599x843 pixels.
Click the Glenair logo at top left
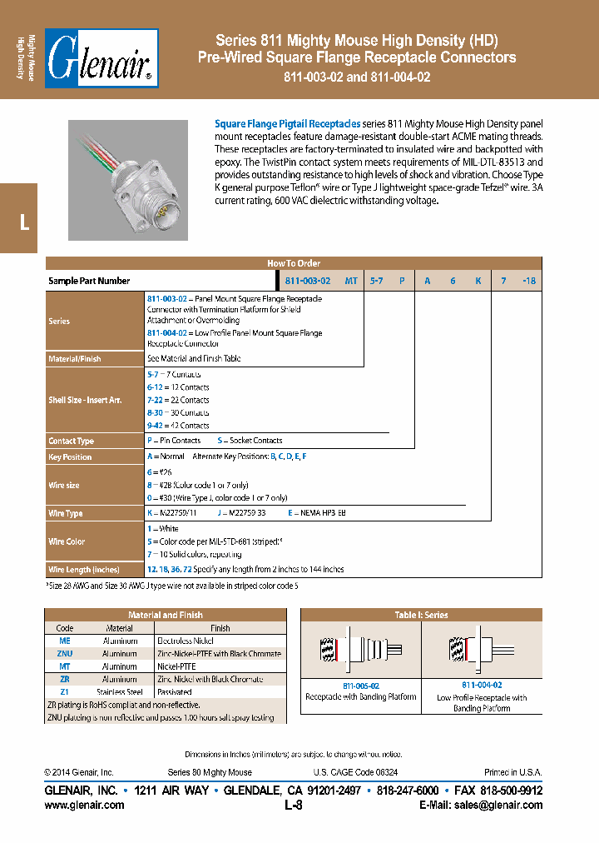(x=101, y=60)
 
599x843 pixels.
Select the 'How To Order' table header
(x=293, y=263)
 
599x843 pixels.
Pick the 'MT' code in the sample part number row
(x=351, y=282)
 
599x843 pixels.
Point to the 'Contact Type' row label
(x=72, y=441)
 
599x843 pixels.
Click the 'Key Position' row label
(x=71, y=457)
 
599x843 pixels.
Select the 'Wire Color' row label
(x=67, y=541)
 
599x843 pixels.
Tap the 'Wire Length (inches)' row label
(x=84, y=570)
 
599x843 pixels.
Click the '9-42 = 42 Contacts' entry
(x=178, y=426)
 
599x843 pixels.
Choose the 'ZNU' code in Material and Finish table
(x=64, y=654)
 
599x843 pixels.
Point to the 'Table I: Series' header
(x=421, y=615)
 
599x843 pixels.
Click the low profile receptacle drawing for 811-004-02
(x=482, y=650)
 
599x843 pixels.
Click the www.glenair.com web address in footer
(x=84, y=806)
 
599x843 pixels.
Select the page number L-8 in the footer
(x=293, y=806)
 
